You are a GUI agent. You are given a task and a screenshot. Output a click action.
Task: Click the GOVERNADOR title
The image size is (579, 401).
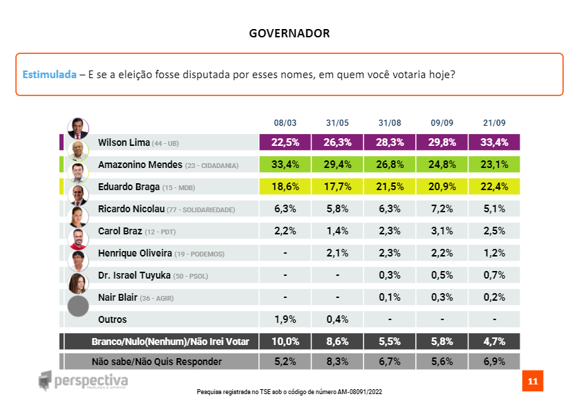(x=289, y=33)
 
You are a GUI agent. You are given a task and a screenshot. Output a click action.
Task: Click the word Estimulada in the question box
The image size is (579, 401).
(x=49, y=75)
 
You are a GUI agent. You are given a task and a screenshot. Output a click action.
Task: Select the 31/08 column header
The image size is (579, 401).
(x=389, y=123)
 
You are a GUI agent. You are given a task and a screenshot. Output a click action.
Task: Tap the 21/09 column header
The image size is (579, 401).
(x=494, y=123)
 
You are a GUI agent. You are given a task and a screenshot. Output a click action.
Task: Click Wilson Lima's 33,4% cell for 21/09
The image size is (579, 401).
(x=494, y=143)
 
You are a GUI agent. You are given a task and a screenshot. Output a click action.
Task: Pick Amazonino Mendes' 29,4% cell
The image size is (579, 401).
(x=336, y=165)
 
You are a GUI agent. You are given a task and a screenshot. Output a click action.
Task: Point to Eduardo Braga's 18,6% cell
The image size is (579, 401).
(x=284, y=186)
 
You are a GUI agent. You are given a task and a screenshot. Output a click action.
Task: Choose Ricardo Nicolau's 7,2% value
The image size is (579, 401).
(x=442, y=208)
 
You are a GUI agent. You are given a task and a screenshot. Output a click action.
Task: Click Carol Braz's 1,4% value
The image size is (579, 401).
(x=336, y=230)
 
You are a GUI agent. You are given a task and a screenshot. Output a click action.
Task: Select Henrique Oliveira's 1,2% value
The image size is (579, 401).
(x=494, y=253)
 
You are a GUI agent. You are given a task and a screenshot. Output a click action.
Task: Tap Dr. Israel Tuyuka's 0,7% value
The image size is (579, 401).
(x=494, y=275)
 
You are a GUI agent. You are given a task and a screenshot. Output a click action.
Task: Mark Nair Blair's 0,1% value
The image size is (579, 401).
(x=389, y=297)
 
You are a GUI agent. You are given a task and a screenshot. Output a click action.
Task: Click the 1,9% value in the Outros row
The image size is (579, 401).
(x=284, y=319)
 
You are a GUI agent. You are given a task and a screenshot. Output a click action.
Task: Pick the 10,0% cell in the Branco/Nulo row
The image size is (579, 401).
(x=284, y=341)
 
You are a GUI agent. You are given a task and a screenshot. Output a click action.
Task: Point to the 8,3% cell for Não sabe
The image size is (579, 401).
(x=336, y=362)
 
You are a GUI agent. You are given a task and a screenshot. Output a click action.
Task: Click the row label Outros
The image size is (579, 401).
(x=112, y=319)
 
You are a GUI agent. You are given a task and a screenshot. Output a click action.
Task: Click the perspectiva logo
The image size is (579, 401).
(x=83, y=381)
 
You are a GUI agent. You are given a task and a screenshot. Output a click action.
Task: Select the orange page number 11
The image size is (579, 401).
(x=532, y=381)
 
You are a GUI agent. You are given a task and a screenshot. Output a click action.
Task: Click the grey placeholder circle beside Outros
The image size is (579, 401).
(x=78, y=306)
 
